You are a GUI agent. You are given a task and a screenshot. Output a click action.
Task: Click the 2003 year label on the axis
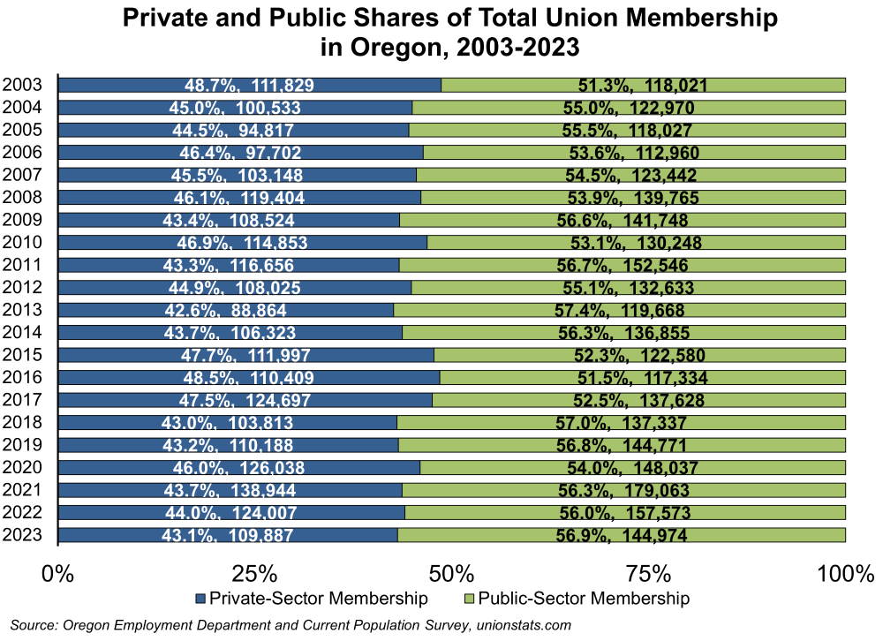tap(22, 85)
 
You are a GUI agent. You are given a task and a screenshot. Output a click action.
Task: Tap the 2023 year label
tap(22, 534)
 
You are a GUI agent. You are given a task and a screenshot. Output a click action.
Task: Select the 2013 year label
tap(22, 309)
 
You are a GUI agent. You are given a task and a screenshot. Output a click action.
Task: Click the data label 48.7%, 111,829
tap(249, 86)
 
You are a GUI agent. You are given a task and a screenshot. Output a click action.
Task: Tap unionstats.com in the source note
tap(522, 625)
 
